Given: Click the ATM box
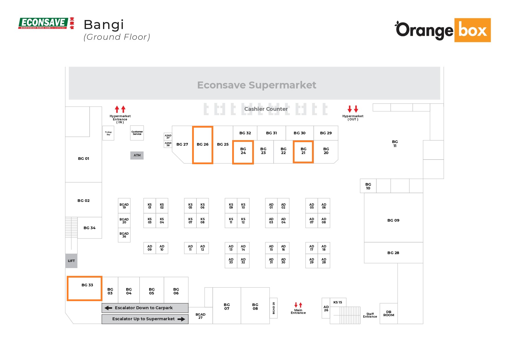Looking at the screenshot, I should point(137,155).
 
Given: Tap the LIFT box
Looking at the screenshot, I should point(71,261).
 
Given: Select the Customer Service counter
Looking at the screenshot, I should point(137,133).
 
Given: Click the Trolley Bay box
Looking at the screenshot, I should point(108,133).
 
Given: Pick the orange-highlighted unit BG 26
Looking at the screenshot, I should point(203,145).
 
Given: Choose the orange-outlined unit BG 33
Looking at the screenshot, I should point(84,288).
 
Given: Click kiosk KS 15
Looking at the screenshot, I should point(338,302).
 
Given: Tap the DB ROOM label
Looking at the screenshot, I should point(389,314).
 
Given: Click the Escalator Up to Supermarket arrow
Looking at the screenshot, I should point(181,319).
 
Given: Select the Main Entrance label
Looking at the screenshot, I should point(298,311).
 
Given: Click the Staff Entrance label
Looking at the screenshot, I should point(370,315).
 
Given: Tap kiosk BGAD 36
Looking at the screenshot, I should point(124,235).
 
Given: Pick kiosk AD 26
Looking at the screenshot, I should point(326,308).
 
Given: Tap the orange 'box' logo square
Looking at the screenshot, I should point(472,30).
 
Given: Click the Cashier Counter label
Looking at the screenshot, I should point(266,109).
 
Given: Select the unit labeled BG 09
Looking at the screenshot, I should point(393,220).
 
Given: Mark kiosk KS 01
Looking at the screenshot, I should point(150,206).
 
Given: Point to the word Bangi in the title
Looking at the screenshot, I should point(104,25).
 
